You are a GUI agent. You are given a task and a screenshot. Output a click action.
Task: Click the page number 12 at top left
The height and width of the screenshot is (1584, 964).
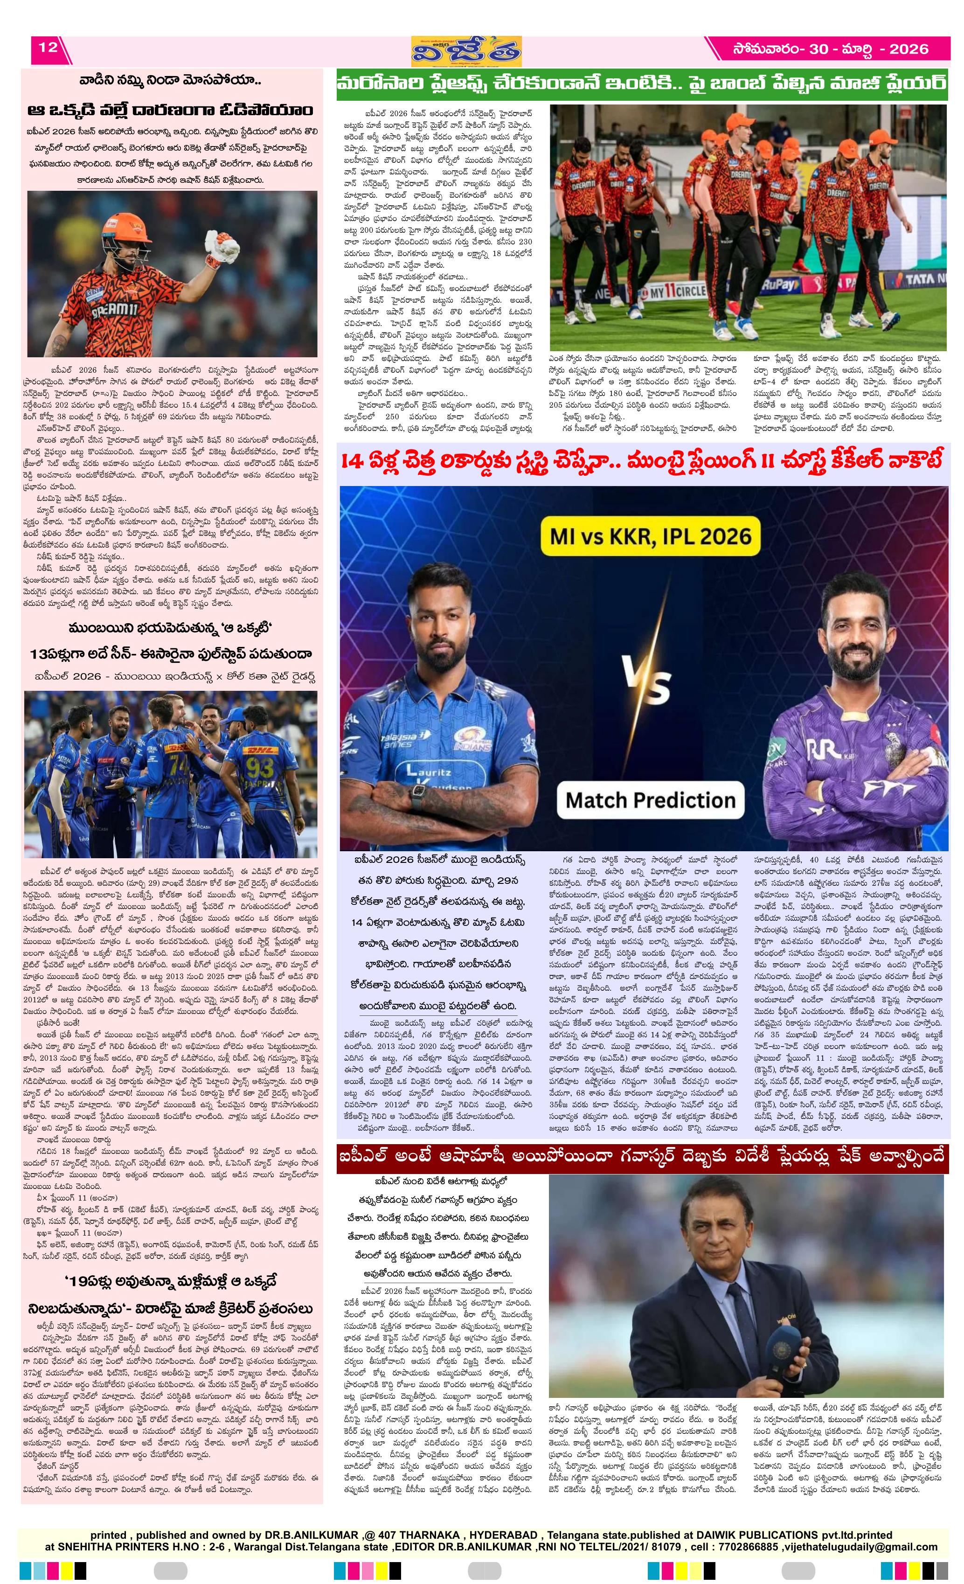click(x=48, y=47)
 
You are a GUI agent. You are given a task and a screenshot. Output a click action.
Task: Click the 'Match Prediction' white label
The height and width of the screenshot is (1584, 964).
click(x=650, y=800)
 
